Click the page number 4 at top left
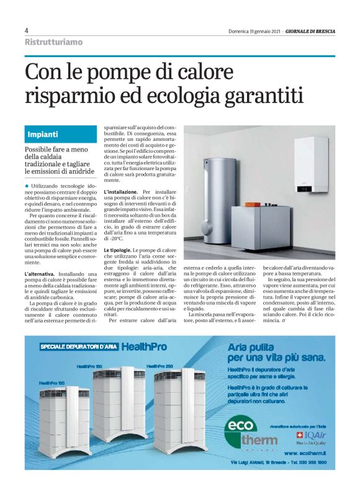[x=27, y=30]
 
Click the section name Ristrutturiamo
[x=53, y=42]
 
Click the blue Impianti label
[x=43, y=133]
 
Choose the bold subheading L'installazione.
[x=122, y=193]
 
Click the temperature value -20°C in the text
[x=117, y=238]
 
